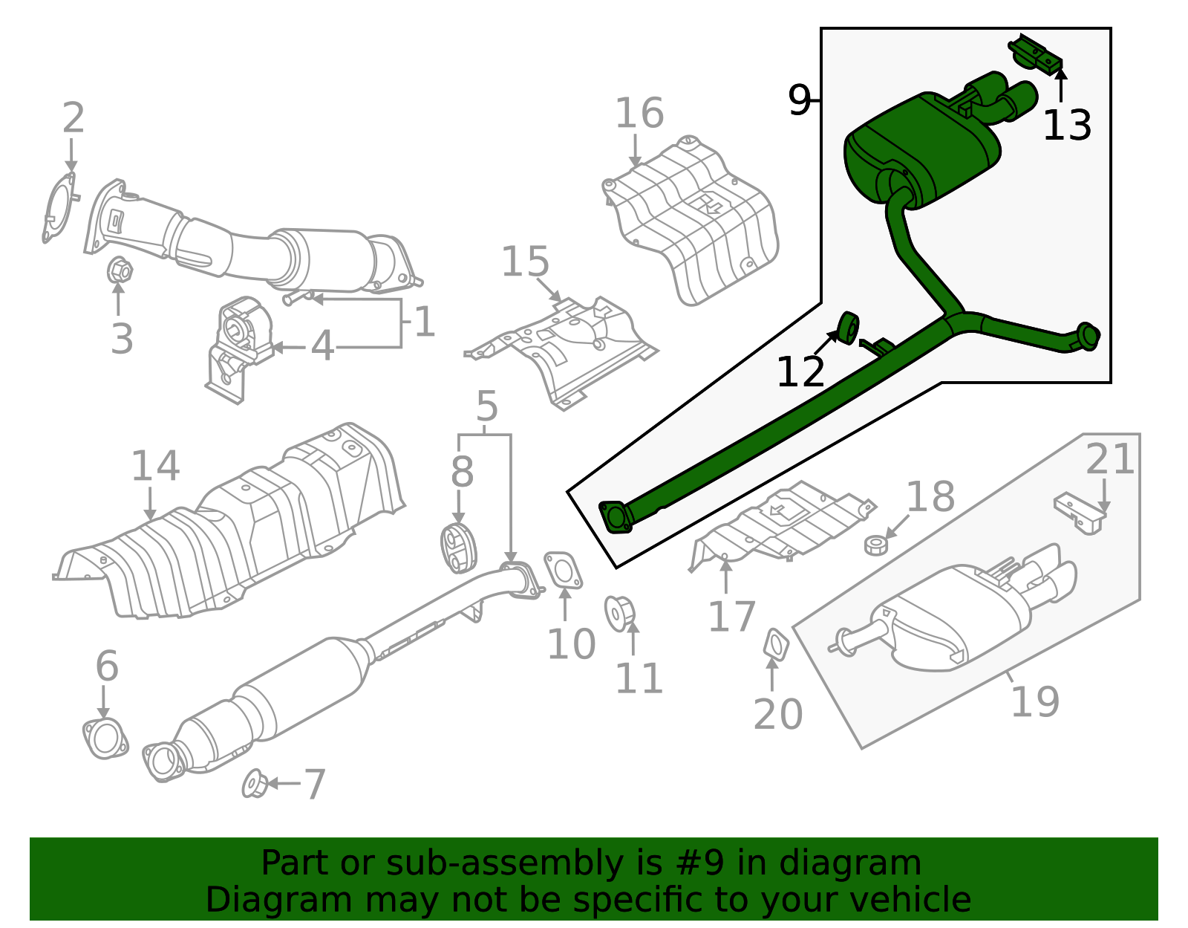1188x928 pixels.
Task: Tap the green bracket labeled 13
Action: [x=1036, y=53]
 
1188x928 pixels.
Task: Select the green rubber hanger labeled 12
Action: [x=848, y=328]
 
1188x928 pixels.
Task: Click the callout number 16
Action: [x=639, y=114]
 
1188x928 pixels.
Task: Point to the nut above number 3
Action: [x=120, y=270]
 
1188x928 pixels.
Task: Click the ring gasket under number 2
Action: [x=59, y=207]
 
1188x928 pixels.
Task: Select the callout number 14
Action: [x=155, y=466]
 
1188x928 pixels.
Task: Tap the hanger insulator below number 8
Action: [x=458, y=548]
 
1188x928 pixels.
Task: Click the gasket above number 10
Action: [x=563, y=570]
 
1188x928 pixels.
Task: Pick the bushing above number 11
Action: [x=619, y=613]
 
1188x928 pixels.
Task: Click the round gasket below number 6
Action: [x=105, y=739]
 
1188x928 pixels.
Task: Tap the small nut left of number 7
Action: [x=255, y=784]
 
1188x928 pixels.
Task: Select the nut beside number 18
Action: [x=876, y=545]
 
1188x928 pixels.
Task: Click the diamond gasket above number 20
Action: [x=776, y=643]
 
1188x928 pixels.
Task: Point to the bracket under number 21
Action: [x=1080, y=512]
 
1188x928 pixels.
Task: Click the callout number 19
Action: [x=1035, y=701]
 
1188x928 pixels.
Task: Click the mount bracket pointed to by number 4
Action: [x=238, y=348]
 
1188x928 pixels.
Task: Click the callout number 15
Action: [x=525, y=262]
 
